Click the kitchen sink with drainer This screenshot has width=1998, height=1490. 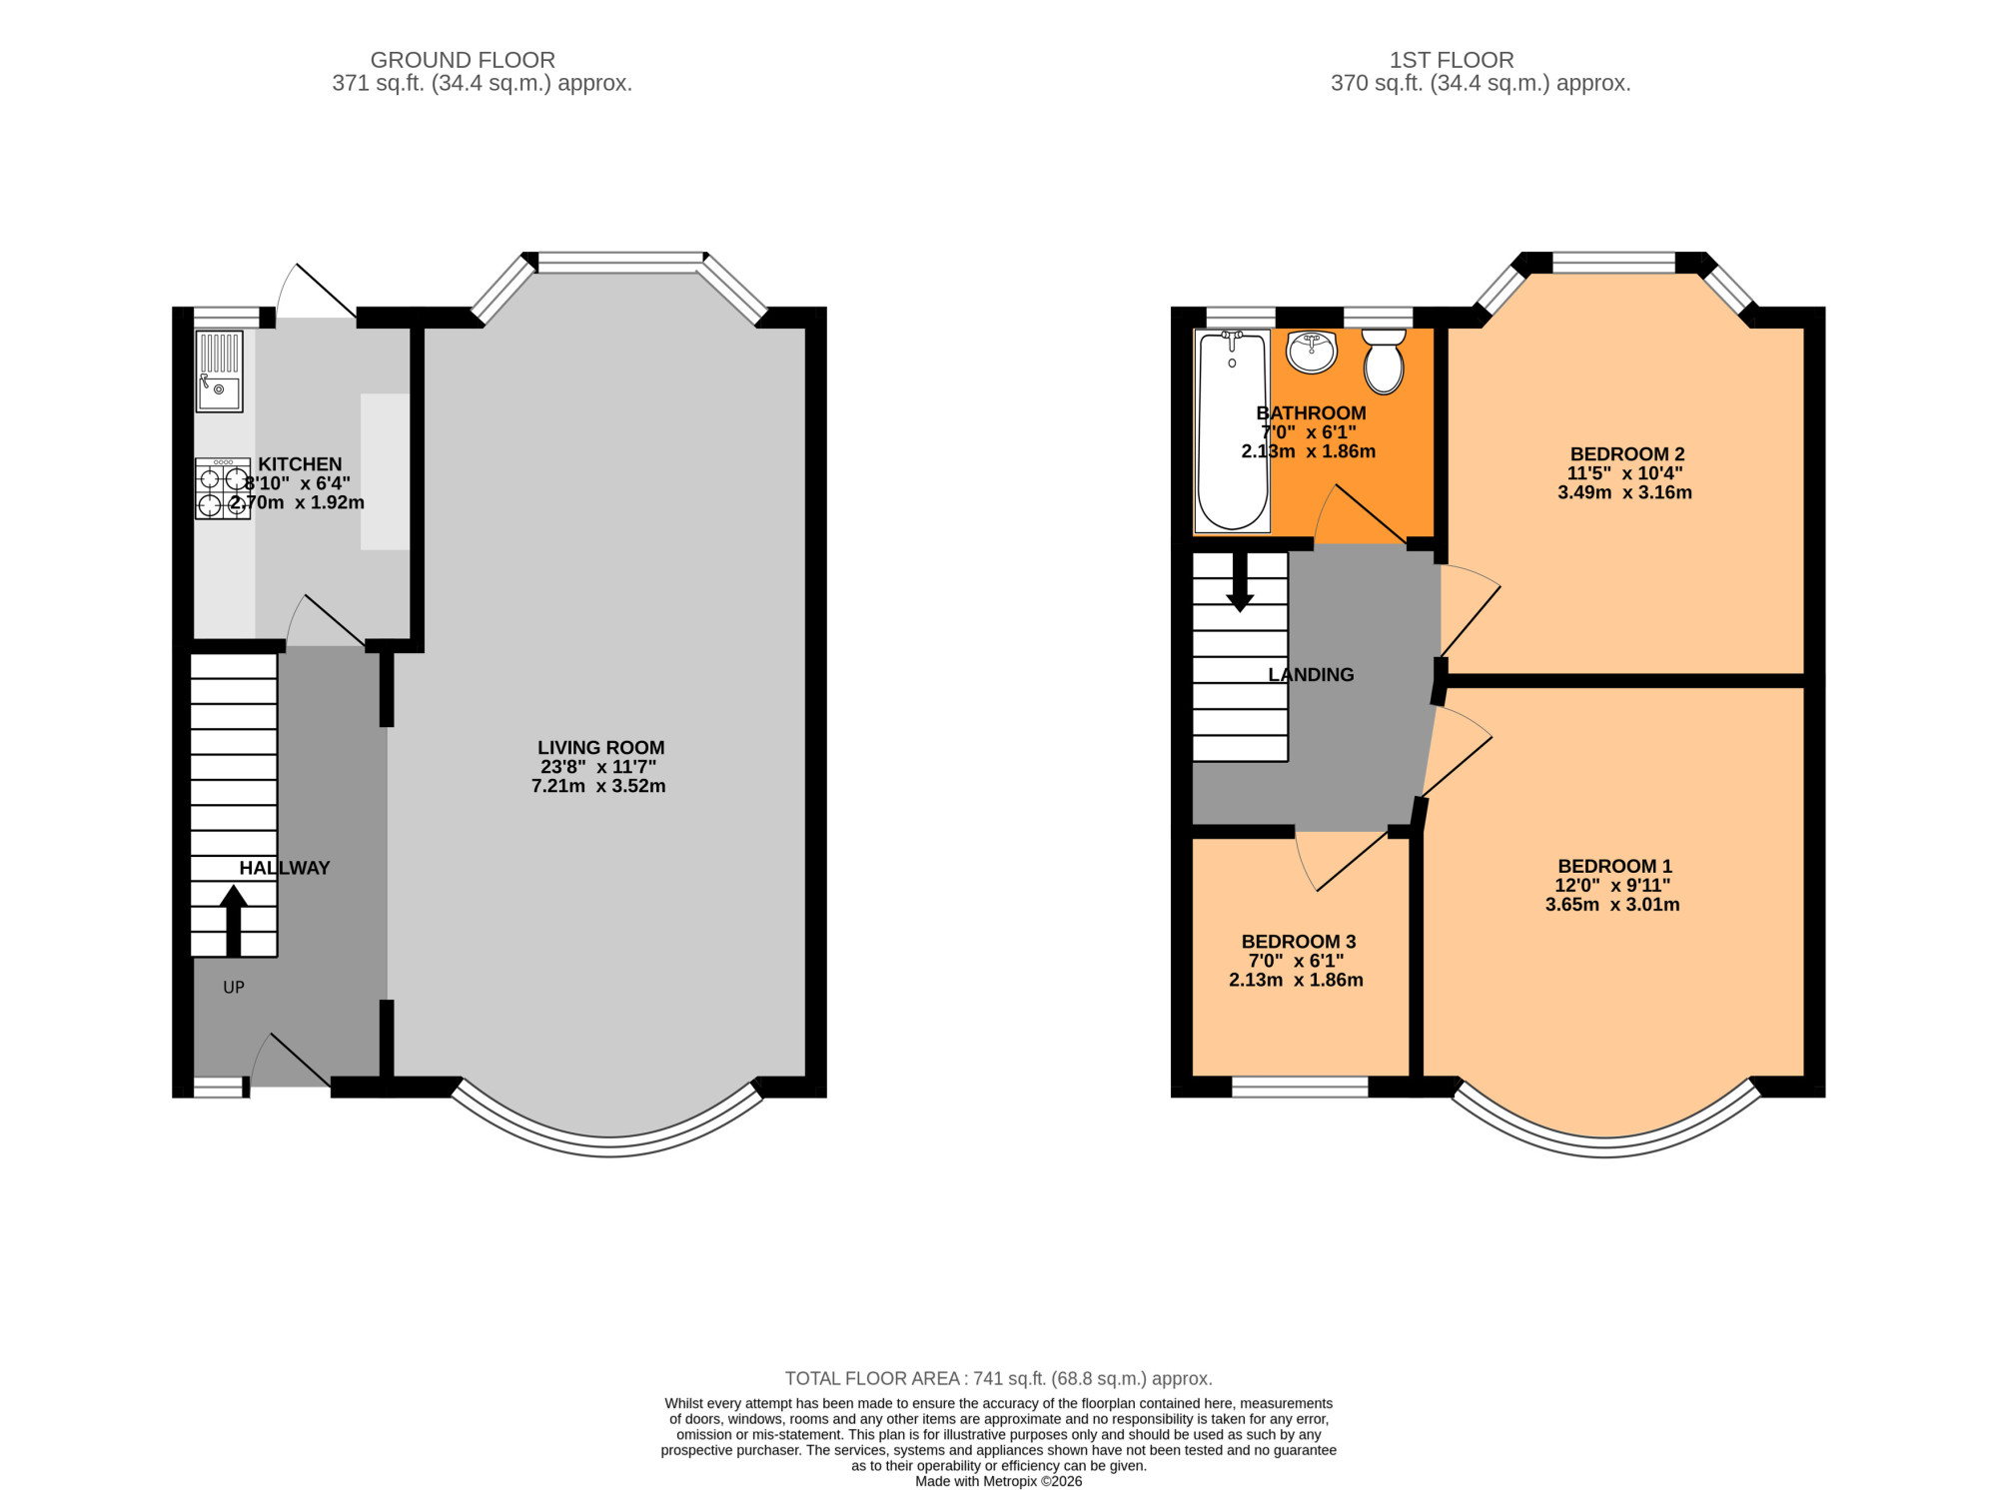point(219,372)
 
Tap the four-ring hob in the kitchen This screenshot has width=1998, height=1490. point(222,488)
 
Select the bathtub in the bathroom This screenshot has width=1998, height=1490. point(1233,430)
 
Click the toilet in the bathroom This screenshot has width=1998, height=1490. point(1384,362)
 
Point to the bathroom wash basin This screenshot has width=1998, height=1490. point(1312,352)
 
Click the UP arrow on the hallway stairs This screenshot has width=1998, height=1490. point(234,921)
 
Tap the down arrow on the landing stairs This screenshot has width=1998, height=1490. point(1240,582)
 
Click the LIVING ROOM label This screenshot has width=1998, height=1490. point(600,747)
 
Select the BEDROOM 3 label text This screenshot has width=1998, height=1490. point(1298,941)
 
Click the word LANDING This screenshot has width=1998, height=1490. point(1311,674)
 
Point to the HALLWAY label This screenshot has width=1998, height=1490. point(284,868)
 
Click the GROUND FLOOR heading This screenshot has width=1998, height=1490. point(463,60)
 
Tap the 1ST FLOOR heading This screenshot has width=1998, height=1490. point(1452,60)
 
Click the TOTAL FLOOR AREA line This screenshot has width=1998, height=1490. point(999,1378)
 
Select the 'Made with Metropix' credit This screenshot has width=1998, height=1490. point(999,1481)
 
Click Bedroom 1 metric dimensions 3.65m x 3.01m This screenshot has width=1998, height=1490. point(1612,905)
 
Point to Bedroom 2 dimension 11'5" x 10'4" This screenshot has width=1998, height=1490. point(1624,473)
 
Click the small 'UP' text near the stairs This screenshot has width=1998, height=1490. point(234,987)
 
